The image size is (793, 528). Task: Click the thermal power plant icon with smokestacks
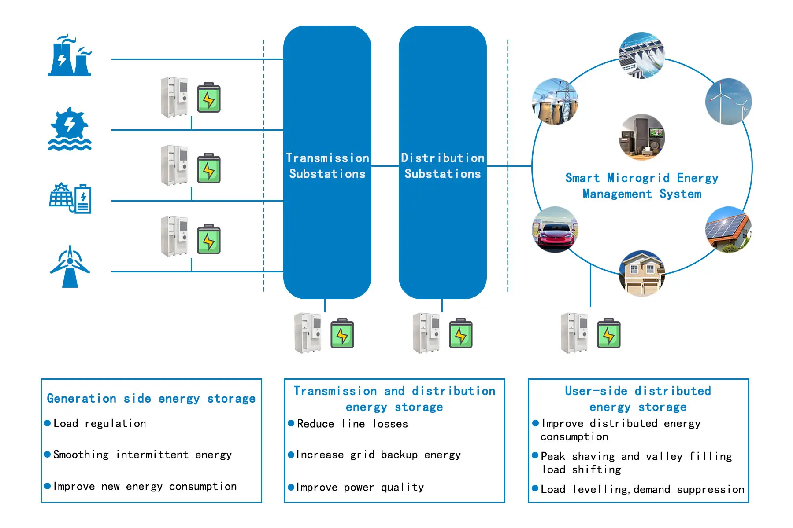point(70,56)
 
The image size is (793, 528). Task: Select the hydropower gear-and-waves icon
point(70,129)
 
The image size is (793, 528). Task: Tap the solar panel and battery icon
point(70,198)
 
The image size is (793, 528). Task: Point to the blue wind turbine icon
point(70,267)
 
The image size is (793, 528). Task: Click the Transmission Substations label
point(327,166)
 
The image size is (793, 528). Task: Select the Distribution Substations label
point(442,166)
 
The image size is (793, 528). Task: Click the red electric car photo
point(555,230)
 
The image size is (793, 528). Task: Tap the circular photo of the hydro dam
point(641,55)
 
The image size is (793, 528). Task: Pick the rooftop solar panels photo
point(728,229)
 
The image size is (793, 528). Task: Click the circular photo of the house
point(641,273)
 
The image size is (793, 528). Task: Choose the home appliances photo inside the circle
point(641,137)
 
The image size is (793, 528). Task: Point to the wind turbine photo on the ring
point(728,102)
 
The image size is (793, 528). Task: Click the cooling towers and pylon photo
point(555,102)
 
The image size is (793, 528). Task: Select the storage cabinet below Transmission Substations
point(308,333)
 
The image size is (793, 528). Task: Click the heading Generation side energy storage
point(151,399)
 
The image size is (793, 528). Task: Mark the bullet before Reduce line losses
point(291,423)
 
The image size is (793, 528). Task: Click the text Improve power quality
point(360,487)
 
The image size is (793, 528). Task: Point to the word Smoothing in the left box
point(81,455)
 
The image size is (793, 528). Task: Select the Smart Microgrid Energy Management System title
point(641,186)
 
